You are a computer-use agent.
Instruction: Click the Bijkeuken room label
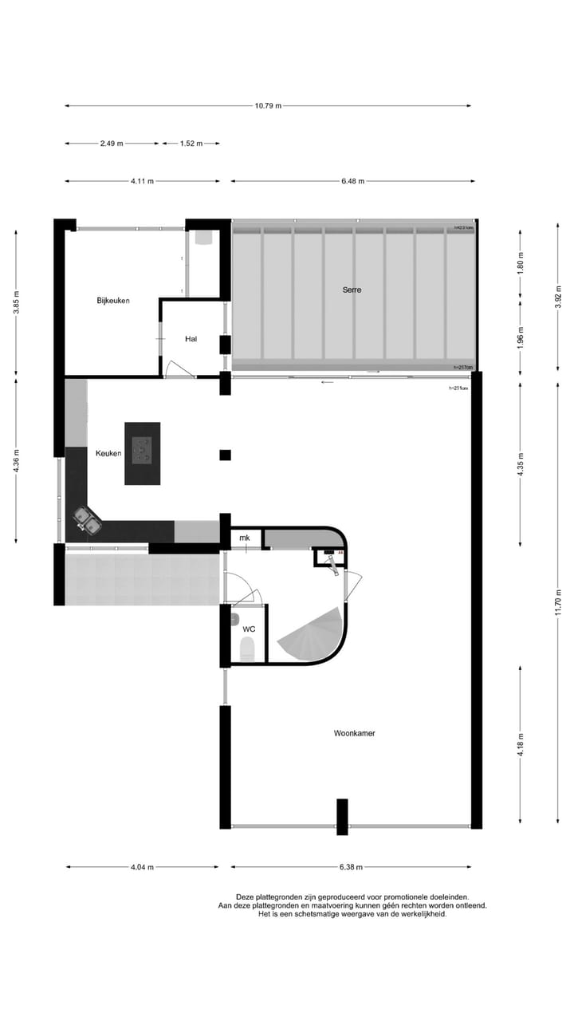pos(113,301)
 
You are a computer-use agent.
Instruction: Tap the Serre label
pos(352,290)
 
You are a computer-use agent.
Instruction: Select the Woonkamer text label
pos(355,733)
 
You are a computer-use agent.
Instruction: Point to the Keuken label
pos(108,453)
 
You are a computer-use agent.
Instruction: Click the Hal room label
pos(191,339)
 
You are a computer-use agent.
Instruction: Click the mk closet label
pos(244,538)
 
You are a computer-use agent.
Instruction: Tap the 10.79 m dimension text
pos(268,105)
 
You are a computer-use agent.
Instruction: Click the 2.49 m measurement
pos(112,144)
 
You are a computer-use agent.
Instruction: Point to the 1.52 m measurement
pos(191,144)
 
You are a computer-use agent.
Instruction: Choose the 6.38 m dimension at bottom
pos(351,867)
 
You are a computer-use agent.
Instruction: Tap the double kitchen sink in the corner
pos(88,521)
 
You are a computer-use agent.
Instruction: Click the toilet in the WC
pos(247,649)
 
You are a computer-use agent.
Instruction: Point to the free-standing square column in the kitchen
pos(225,455)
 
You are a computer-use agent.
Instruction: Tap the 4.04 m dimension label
pos(141,867)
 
